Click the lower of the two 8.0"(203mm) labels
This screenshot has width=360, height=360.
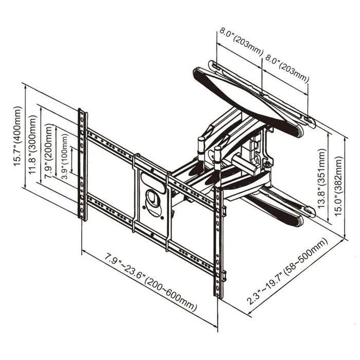click(286, 67)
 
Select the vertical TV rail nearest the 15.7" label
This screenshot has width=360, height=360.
click(82, 165)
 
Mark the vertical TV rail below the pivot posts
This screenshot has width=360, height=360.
click(219, 242)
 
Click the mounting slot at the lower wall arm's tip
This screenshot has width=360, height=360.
click(308, 211)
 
